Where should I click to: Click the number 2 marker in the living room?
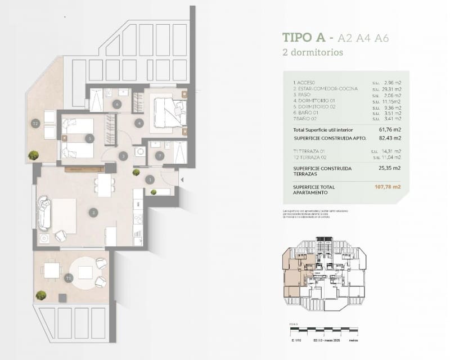93,212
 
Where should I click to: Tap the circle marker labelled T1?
68,278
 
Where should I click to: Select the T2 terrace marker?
35,123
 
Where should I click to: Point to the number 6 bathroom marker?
117,104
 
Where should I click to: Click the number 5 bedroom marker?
89,138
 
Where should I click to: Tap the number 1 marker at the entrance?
150,179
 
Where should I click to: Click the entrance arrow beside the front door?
181,180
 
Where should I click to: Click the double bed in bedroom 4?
168,111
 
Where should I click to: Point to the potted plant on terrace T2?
34,155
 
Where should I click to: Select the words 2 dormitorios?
313,53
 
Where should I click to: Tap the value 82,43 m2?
390,138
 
